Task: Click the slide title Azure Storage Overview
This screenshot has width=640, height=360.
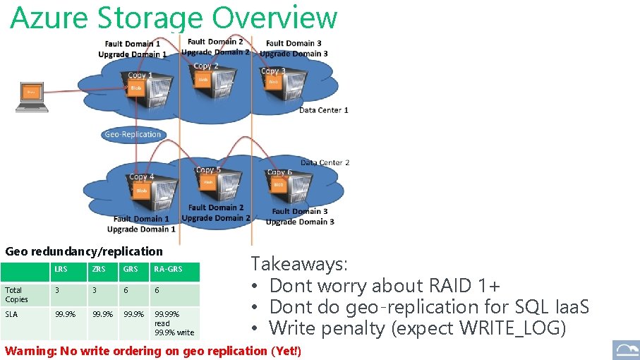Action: point(174,18)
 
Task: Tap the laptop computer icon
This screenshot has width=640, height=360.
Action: point(32,97)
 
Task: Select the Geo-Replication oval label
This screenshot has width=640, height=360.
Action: point(133,134)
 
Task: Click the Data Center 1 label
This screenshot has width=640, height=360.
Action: point(323,110)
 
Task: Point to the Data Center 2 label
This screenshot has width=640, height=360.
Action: point(325,162)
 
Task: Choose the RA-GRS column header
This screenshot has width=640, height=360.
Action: point(168,269)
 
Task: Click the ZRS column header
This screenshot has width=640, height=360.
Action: point(98,269)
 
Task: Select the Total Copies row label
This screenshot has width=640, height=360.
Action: point(16,294)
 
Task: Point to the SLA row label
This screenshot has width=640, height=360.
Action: point(11,314)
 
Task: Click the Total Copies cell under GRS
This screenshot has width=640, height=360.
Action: point(126,290)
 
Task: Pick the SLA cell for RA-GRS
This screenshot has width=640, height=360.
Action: point(174,323)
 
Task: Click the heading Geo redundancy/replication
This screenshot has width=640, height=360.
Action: point(83,251)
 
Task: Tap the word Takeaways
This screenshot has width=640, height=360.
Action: point(299,264)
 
